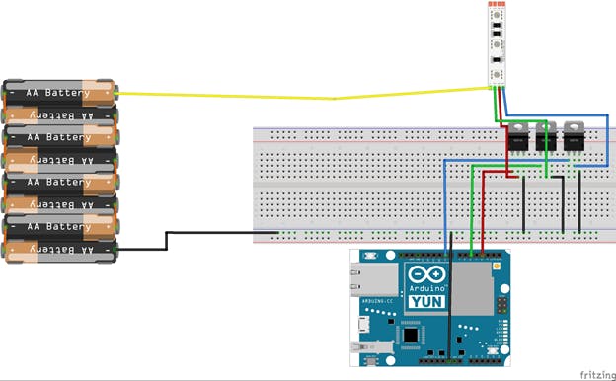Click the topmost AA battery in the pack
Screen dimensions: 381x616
[x=59, y=93]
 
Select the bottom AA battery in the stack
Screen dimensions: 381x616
[x=59, y=251]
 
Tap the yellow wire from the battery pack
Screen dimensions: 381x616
[x=296, y=97]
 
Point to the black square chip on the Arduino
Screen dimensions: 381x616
[x=408, y=336]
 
